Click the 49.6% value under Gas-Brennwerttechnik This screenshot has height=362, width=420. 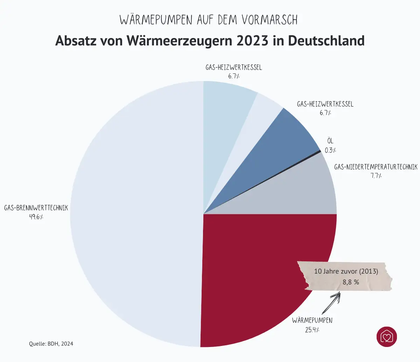click(36, 217)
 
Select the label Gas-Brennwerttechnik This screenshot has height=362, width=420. click(36, 208)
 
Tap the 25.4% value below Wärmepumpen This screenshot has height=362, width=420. click(312, 330)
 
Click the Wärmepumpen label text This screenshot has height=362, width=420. click(312, 320)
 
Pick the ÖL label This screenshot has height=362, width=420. click(330, 141)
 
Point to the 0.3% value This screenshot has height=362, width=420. click(330, 150)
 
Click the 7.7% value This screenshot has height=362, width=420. click(376, 176)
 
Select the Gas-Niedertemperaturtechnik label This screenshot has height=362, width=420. click(376, 167)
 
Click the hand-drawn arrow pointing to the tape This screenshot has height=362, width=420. click(331, 303)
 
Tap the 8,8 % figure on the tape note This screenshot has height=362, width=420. click(350, 282)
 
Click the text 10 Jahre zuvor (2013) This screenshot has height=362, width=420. click(346, 271)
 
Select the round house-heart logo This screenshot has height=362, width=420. click(387, 337)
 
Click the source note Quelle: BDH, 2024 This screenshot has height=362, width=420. click(51, 344)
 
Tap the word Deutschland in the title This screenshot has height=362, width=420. click(326, 41)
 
